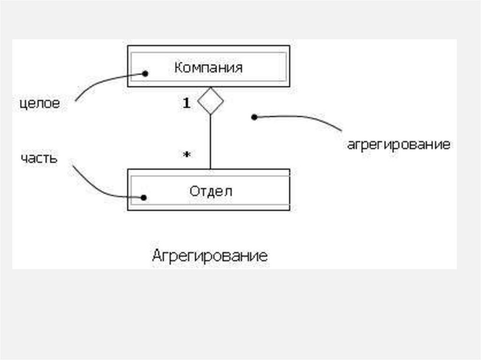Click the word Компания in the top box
(x=208, y=67)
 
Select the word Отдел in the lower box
(x=211, y=191)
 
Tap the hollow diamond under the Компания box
(x=210, y=101)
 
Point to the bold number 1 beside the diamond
(x=187, y=104)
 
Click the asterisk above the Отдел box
(x=187, y=154)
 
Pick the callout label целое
(x=40, y=103)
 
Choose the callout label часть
(x=39, y=158)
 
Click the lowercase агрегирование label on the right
(x=398, y=144)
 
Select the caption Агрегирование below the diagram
(x=210, y=256)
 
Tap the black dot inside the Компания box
(x=145, y=74)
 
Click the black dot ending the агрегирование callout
(x=254, y=117)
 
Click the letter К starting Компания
(x=178, y=67)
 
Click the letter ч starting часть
(x=23, y=158)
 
